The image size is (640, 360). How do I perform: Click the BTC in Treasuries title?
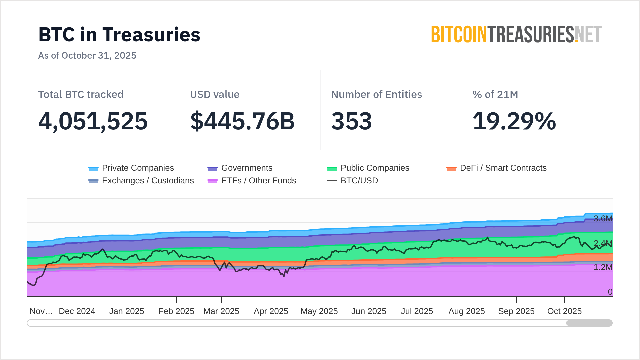(119, 35)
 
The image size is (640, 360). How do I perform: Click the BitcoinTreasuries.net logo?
(516, 34)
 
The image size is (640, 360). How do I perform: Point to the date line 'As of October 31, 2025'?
(87, 55)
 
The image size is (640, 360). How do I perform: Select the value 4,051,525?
(93, 121)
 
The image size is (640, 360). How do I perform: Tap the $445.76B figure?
(242, 121)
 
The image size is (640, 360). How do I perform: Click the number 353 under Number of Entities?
(351, 121)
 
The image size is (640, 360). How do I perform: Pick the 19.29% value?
(514, 121)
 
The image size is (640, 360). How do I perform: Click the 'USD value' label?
(215, 94)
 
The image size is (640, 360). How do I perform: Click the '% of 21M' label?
(495, 94)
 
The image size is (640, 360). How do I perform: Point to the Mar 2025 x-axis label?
(221, 311)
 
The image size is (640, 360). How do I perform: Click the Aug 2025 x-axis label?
(467, 311)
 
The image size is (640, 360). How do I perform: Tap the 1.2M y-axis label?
(603, 267)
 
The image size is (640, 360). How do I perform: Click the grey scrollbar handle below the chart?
(589, 323)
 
